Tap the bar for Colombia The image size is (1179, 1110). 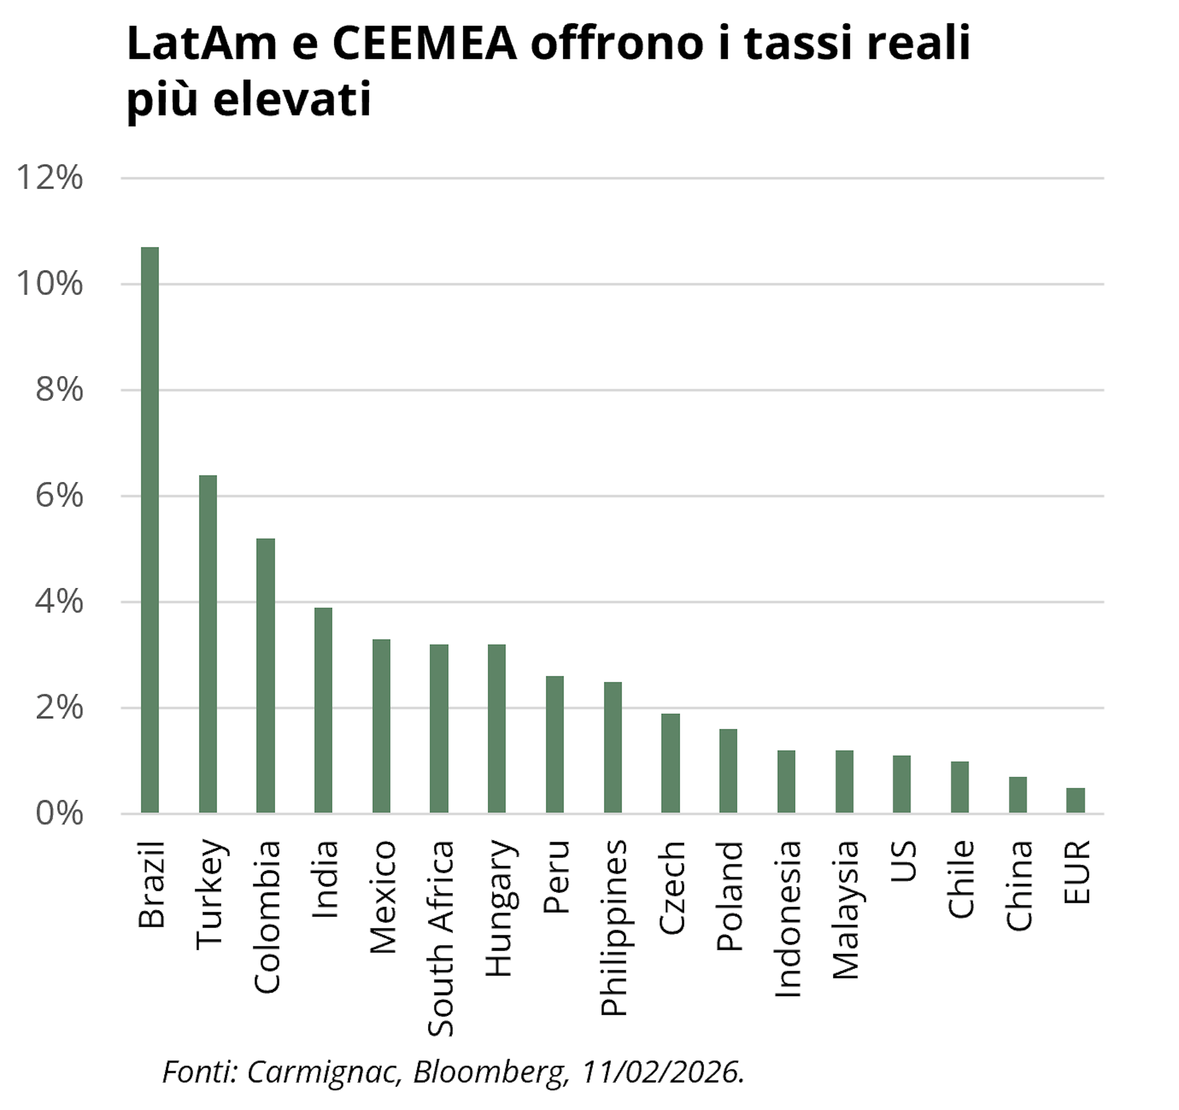pos(266,676)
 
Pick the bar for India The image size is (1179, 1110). pos(323,710)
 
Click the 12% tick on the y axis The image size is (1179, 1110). pos(50,178)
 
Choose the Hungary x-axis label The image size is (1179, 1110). pos(499,908)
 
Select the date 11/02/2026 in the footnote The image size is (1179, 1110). pos(663,1072)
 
